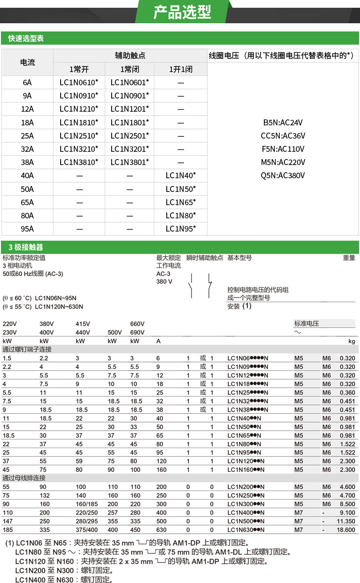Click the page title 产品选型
click(182, 12)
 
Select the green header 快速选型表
click(26, 39)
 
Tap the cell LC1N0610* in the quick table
click(79, 83)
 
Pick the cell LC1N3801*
click(129, 162)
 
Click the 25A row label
click(27, 136)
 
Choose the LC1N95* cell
click(180, 229)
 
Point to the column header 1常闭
click(129, 69)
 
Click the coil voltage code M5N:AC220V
click(283, 162)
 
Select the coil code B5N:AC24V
click(283, 123)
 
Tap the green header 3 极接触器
click(26, 247)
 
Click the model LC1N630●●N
click(246, 530)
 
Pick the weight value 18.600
click(345, 530)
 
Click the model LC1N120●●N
click(246, 461)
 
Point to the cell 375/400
click(87, 530)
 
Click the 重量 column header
click(349, 258)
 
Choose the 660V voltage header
click(137, 324)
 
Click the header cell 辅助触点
click(130, 56)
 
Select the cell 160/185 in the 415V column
click(87, 504)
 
